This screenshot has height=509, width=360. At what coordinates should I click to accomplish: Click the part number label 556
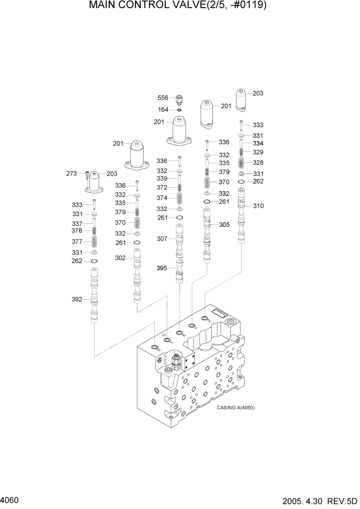pyautogui.click(x=163, y=97)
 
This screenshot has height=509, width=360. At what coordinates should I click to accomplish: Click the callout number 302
pyautogui.click(x=120, y=258)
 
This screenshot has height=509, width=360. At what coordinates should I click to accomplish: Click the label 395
pyautogui.click(x=162, y=268)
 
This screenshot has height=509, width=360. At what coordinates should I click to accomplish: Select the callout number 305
pyautogui.click(x=224, y=224)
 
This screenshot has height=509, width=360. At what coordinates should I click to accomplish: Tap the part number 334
pyautogui.click(x=258, y=143)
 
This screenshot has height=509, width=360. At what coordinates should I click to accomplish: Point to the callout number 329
pyautogui.click(x=258, y=152)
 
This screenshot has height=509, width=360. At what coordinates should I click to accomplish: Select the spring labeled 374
pyautogui.click(x=179, y=198)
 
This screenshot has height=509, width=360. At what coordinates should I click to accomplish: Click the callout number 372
pyautogui.click(x=162, y=188)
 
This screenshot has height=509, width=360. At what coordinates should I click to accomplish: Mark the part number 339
pyautogui.click(x=162, y=178)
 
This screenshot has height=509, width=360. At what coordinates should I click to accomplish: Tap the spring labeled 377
pyautogui.click(x=94, y=241)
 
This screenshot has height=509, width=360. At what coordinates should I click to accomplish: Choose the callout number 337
pyautogui.click(x=77, y=223)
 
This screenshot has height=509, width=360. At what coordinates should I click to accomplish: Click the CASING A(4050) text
pyautogui.click(x=235, y=407)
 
